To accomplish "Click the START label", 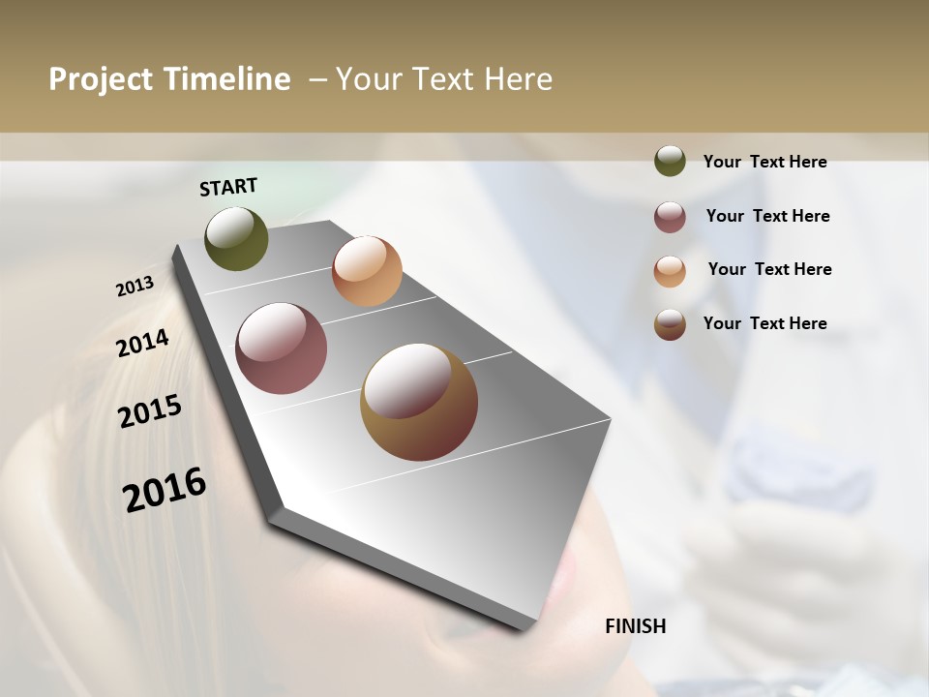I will point(228,187).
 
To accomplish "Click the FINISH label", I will point(636,626).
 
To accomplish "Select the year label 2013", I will point(135,287).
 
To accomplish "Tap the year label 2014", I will point(142,344).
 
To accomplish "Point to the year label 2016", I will point(165,490).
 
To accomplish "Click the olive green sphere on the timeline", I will point(237,238).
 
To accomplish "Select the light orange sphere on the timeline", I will point(367,271).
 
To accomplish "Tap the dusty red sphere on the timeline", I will point(281,348).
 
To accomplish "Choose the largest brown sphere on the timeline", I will point(419,402).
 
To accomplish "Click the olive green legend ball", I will point(670,161).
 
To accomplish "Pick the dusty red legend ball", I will point(670,217).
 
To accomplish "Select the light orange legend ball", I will point(670,271).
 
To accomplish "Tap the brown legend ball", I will point(670,324).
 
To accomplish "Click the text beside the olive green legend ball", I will point(764,162).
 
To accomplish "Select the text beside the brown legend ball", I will point(764,323).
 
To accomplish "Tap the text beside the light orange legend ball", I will point(769,269).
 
